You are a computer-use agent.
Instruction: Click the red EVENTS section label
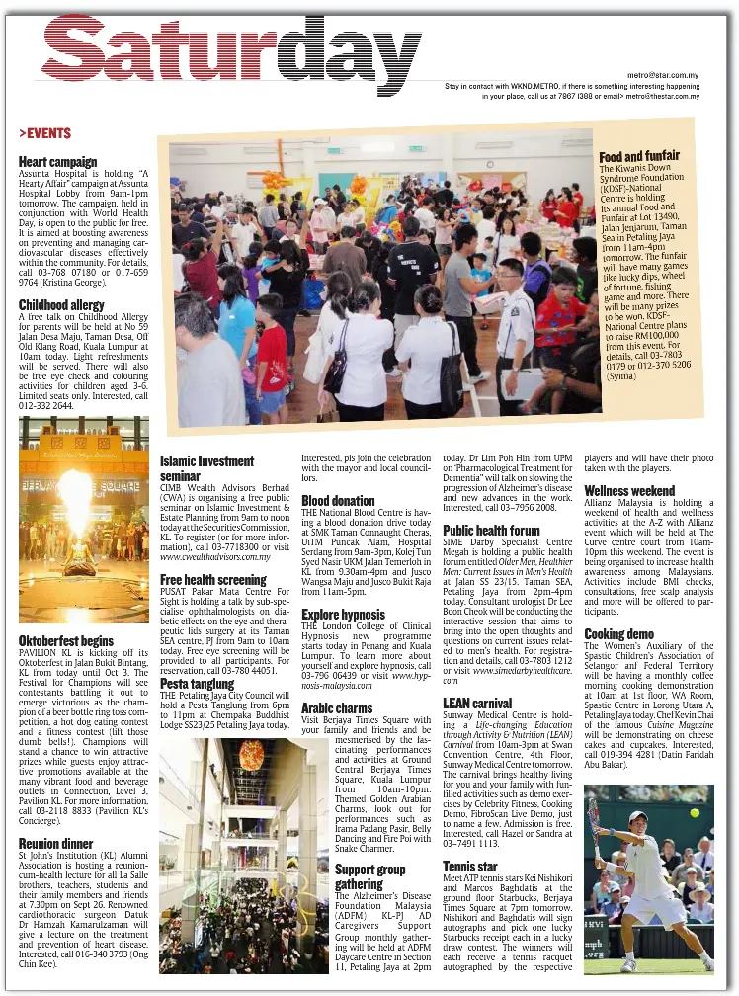tap(44, 133)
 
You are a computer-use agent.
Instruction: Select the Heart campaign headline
tap(57, 162)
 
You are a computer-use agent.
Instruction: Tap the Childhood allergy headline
tap(61, 305)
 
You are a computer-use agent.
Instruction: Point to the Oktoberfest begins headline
tap(65, 641)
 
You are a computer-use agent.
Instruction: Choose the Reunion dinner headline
tap(55, 844)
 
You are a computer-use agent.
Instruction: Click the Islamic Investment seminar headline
tap(206, 468)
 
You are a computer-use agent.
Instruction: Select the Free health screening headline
tap(212, 580)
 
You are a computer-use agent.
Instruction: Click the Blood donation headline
tap(338, 501)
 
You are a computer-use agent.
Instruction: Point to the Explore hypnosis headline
tap(343, 615)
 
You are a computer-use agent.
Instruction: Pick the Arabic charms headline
tap(337, 707)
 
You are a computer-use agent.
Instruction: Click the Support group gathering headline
tap(369, 877)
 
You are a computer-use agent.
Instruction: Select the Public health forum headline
tap(491, 531)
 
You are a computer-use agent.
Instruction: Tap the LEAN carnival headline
tap(477, 704)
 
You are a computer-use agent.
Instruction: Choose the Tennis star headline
tap(470, 867)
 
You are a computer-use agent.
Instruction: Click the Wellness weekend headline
tap(629, 491)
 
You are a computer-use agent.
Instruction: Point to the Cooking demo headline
tap(619, 633)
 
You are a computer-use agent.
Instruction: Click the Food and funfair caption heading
tap(639, 156)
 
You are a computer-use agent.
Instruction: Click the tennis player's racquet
tap(595, 822)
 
